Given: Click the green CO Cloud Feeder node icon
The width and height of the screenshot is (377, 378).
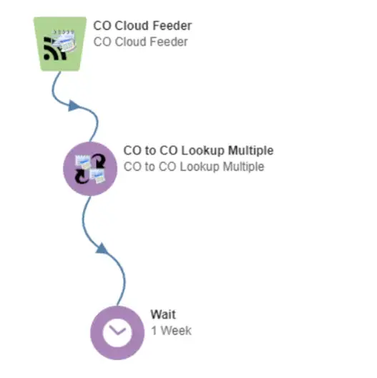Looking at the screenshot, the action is (60, 44).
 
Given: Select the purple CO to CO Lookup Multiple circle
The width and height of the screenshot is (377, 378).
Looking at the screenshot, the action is (90, 169).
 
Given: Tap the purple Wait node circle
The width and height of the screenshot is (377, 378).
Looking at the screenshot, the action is (117, 333).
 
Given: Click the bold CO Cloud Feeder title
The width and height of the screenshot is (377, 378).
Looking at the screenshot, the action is (142, 26).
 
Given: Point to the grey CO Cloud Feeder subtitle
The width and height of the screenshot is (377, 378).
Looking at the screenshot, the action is (140, 42).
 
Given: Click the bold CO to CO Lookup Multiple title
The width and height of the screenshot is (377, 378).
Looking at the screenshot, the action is (198, 150).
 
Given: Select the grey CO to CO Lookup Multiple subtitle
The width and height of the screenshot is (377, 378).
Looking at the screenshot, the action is (194, 167).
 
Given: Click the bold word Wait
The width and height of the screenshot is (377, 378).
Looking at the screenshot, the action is (163, 314).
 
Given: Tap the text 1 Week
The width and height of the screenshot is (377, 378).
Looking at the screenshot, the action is (171, 331).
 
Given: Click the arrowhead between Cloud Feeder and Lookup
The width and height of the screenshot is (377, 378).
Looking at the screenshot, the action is (73, 106).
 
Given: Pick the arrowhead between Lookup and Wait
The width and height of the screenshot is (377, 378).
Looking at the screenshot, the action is (102, 248).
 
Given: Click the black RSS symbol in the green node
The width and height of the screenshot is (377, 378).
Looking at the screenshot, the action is (54, 49).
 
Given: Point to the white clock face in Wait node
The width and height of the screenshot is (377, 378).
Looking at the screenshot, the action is (117, 333).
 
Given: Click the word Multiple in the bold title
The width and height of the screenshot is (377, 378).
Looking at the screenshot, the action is (251, 150).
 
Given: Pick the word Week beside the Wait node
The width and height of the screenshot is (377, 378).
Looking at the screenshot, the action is (176, 331).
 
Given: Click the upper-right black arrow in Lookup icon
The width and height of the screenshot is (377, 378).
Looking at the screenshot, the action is (99, 160).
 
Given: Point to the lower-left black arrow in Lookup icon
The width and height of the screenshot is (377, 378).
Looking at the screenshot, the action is (82, 176).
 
